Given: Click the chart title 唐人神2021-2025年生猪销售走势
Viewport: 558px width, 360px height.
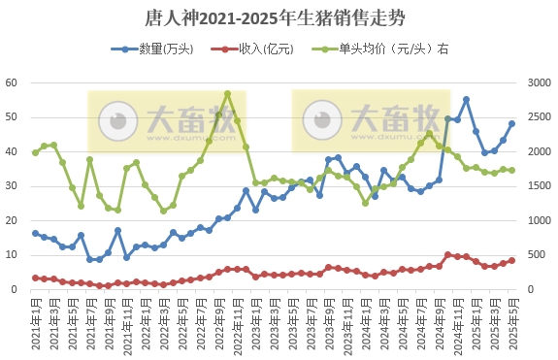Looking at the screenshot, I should click(x=279, y=17).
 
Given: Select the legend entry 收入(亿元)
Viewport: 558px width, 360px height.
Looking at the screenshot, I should click(x=254, y=49).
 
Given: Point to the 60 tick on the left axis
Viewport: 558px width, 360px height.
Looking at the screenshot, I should click(x=13, y=82).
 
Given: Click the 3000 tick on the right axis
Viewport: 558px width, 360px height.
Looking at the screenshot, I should click(x=537, y=82).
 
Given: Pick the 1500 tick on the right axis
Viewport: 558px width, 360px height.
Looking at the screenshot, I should click(x=537, y=186).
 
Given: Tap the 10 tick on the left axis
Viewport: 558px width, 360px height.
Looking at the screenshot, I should click(x=13, y=255).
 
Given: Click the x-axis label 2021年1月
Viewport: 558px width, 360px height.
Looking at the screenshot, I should click(x=36, y=323).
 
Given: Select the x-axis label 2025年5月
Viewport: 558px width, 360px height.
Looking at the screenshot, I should click(x=512, y=323).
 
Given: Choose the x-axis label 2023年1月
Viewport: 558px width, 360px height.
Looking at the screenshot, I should click(x=255, y=323).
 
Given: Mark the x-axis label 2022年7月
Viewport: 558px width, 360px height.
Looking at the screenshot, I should click(x=201, y=323).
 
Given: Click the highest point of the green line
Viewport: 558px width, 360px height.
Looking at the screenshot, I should click(x=227, y=94).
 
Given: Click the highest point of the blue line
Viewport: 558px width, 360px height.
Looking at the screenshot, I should click(x=466, y=99).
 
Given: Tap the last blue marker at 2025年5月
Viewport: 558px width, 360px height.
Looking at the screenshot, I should click(x=511, y=123).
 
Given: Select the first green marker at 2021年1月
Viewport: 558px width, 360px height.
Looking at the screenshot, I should click(x=36, y=152).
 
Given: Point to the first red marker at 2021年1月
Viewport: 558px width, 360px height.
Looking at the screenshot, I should click(x=36, y=278).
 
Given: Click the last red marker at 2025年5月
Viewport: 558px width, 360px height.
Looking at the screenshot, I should click(x=511, y=260).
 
